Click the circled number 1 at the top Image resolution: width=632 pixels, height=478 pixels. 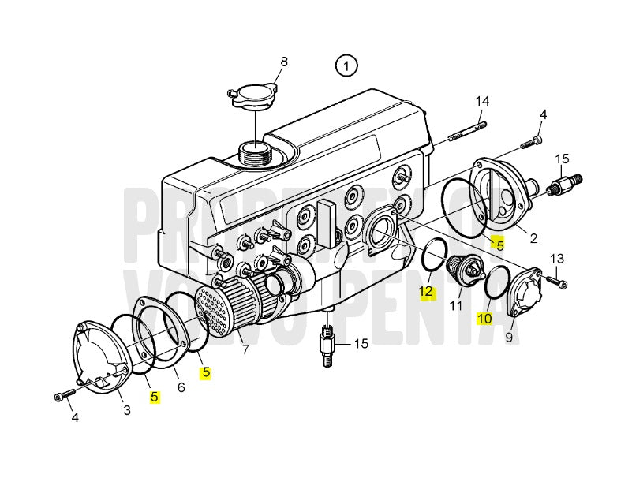point(346,65)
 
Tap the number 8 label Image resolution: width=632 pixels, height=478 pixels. point(284,62)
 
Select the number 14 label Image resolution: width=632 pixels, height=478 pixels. point(482,101)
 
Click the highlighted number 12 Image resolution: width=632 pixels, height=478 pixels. point(426,292)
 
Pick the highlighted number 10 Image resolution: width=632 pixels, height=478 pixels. point(484,319)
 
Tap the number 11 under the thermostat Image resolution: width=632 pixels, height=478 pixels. point(456,305)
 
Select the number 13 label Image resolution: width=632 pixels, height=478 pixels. point(556,259)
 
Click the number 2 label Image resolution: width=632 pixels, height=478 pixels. point(533,237)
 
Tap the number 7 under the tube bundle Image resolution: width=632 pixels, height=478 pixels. point(245,349)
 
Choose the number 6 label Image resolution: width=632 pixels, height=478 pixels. point(181,388)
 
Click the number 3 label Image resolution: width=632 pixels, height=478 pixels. point(126,409)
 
